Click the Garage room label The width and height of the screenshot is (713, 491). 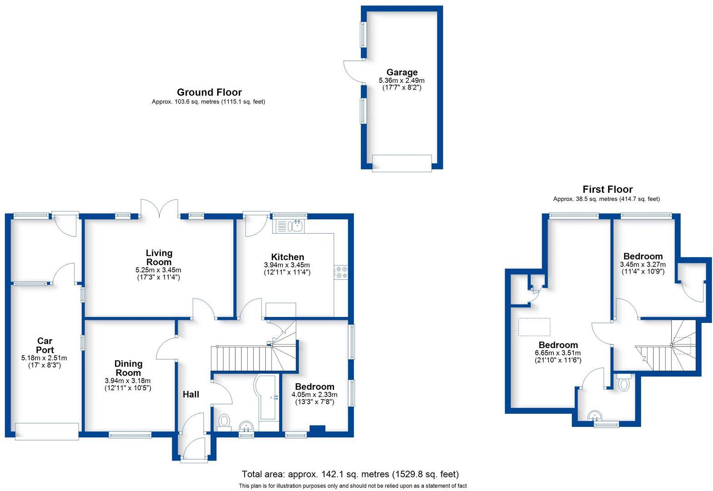(x=402, y=72)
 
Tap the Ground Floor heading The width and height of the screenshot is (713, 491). (x=209, y=92)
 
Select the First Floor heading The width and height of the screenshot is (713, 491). (x=607, y=189)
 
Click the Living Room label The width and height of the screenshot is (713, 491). (x=159, y=257)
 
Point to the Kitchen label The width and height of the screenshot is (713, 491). (x=287, y=257)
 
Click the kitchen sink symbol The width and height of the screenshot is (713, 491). (x=298, y=225)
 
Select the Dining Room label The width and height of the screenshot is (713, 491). (x=128, y=368)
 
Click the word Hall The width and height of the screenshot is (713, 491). (x=191, y=394)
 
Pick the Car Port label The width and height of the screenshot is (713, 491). (x=45, y=345)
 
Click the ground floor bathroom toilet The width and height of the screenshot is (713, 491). (x=224, y=421)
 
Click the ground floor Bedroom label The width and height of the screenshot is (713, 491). (x=314, y=386)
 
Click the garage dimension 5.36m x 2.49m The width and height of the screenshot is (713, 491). (x=402, y=80)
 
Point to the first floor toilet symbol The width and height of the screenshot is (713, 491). (x=623, y=383)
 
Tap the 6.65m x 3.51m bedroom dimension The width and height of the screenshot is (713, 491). (x=558, y=353)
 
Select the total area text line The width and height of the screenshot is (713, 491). (x=350, y=474)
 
